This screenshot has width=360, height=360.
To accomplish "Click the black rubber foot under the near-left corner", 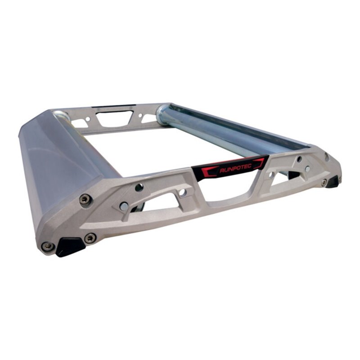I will (x=70, y=247).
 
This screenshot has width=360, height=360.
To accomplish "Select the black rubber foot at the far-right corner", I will (x=333, y=182).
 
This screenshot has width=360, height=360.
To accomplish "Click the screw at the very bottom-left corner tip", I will (x=47, y=246).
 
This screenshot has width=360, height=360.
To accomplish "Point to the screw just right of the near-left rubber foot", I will (x=90, y=238).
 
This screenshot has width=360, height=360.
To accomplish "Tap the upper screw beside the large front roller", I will (x=84, y=199).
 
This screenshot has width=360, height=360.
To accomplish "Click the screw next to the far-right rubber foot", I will (x=324, y=182).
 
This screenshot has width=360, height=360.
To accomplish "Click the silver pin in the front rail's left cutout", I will (x=124, y=207).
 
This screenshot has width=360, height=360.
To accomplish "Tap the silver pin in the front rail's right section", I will (x=307, y=169).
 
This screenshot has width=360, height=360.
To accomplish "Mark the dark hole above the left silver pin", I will (x=139, y=187).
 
